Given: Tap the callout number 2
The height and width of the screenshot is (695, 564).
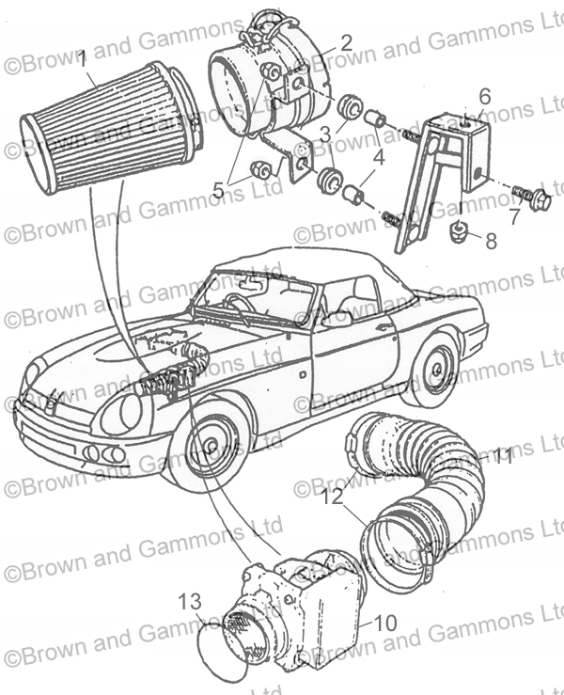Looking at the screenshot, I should (346, 41).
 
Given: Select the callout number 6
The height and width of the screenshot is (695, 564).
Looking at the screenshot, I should (485, 96).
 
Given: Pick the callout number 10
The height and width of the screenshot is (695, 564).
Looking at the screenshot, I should (386, 623).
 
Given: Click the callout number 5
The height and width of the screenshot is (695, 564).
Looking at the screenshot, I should (219, 189).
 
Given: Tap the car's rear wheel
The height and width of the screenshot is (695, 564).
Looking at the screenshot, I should (435, 370).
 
